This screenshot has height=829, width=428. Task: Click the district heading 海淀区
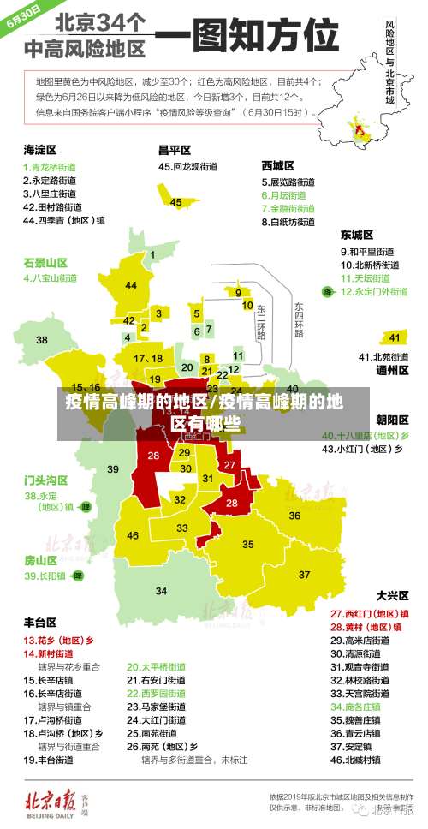(39, 149)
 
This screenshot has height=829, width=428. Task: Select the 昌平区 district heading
(174, 149)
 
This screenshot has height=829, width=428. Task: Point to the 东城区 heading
(357, 234)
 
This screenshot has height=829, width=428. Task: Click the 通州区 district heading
(392, 371)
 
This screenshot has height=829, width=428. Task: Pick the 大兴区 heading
(392, 595)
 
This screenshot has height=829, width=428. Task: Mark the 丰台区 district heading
(39, 622)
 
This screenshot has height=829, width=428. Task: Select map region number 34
(161, 591)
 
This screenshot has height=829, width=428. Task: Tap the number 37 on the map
(305, 574)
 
